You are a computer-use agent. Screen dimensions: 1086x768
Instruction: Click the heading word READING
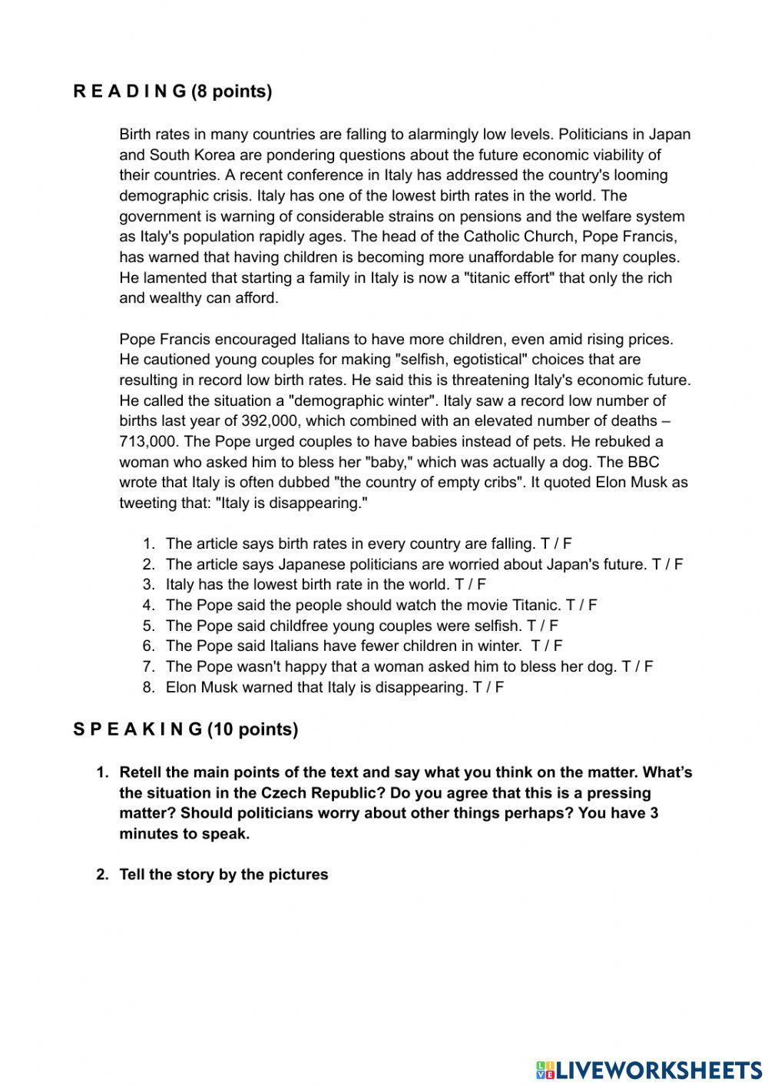130,91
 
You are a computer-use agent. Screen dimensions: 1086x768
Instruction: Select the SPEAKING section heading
137,729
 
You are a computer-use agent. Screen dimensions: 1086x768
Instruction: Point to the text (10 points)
253,729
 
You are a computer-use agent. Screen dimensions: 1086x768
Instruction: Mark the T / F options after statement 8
488,687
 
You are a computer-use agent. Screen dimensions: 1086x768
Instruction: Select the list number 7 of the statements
148,667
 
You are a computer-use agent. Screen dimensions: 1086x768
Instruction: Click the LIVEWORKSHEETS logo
648,1069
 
